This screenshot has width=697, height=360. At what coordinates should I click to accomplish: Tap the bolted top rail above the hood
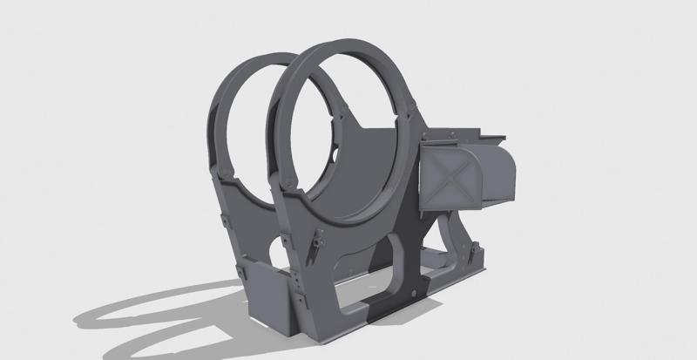(462, 137)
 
